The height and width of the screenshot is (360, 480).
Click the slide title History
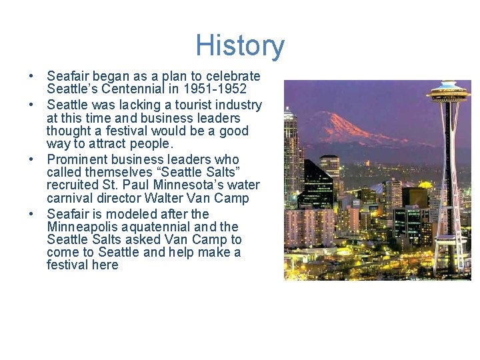click(x=240, y=46)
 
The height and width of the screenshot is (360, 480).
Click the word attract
click(x=113, y=144)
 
